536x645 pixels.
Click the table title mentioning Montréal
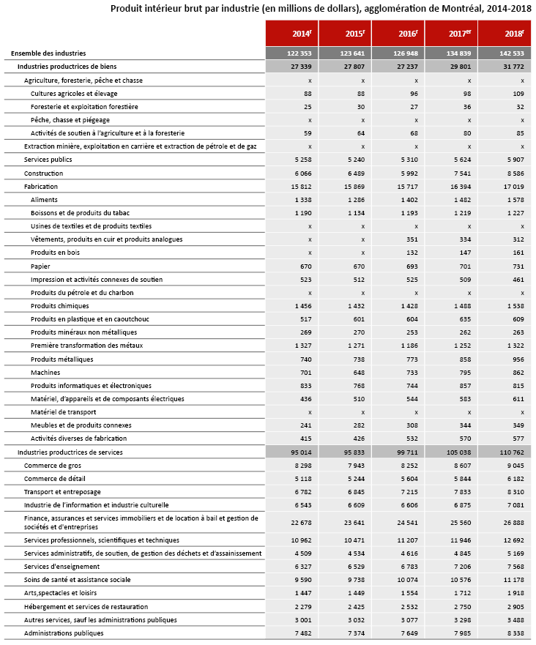[321, 9]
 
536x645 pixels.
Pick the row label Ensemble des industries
[48, 53]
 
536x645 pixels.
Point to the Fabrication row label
[41, 187]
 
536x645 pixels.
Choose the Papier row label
[40, 266]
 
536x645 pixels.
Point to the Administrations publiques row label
[64, 633]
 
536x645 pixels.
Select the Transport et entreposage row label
[62, 492]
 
